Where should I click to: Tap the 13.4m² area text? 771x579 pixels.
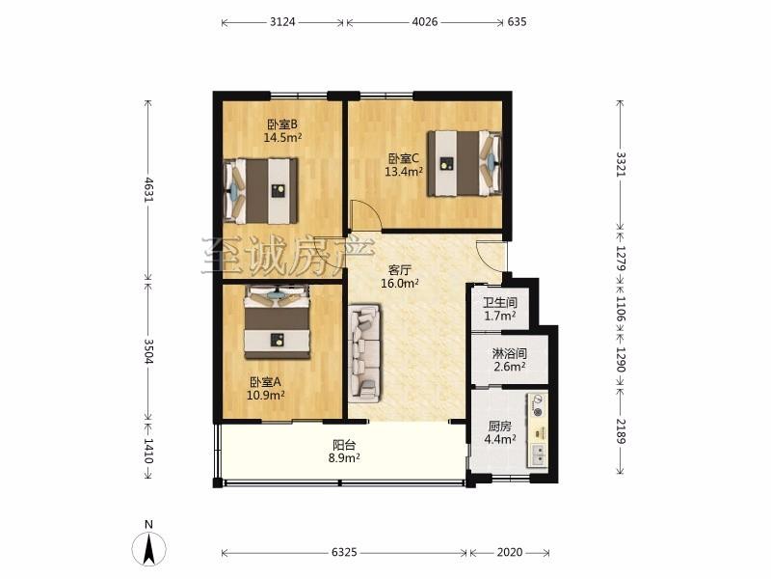404,172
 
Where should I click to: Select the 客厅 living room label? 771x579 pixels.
400,270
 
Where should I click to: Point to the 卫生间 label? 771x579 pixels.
499,303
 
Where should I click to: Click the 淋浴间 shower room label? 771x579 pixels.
510,353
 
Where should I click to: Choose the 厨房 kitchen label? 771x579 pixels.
499,426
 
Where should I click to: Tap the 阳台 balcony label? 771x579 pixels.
344,445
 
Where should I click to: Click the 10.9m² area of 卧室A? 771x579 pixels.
266,395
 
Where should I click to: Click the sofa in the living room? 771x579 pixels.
364,353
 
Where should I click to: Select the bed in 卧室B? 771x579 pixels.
261,191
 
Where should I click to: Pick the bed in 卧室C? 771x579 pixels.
465,163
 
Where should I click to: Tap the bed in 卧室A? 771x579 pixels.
278,322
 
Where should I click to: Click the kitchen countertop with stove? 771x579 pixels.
538,429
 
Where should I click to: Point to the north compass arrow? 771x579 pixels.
148,548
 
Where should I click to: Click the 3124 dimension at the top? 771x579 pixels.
282,22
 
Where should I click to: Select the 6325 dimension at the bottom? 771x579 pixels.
344,552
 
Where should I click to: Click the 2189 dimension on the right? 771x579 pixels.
621,431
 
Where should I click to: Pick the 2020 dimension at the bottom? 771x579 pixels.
510,552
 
